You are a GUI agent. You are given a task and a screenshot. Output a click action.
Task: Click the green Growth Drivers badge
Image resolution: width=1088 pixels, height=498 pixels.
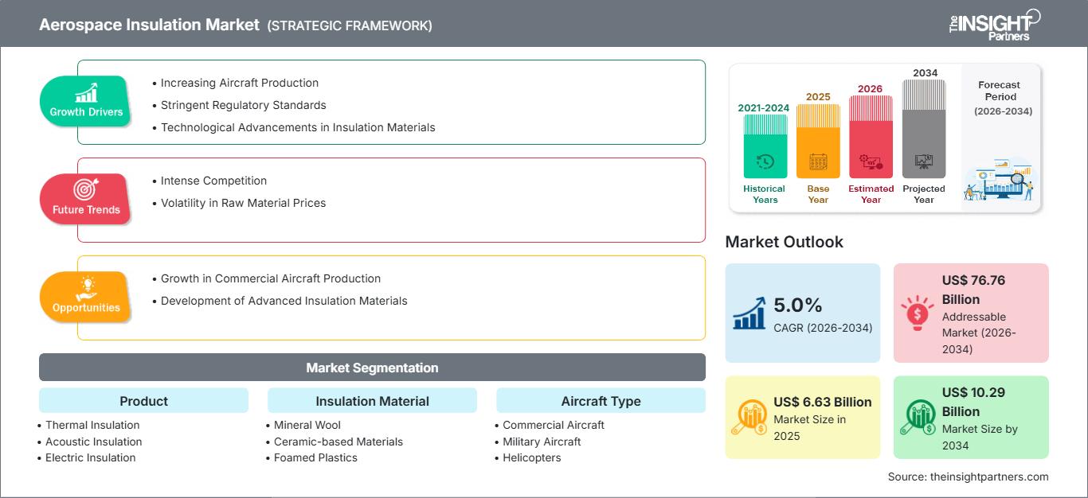coord(86,100)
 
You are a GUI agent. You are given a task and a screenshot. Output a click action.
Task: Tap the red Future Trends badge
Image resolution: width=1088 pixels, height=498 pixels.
coord(86,198)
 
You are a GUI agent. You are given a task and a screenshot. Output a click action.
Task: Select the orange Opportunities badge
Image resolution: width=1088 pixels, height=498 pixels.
coord(86,296)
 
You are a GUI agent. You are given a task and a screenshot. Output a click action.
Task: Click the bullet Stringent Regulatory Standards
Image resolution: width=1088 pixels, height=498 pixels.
coord(243,105)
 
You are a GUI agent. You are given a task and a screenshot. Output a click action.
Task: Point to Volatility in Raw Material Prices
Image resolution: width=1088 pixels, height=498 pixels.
coord(243,203)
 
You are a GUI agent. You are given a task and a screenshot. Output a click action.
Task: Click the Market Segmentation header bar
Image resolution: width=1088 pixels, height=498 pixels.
coord(372,368)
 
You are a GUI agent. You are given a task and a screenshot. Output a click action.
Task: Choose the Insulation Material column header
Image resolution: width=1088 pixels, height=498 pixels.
coord(372,401)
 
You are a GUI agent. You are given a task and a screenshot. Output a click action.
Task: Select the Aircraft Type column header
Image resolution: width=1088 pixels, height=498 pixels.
coord(601,401)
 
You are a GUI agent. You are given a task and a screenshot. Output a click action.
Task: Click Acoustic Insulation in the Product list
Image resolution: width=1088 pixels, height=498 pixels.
coord(94,442)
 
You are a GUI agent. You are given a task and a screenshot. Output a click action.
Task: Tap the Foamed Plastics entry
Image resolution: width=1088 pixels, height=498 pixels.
coord(315,457)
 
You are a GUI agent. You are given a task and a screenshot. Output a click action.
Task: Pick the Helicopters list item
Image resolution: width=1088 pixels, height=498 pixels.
coord(532,457)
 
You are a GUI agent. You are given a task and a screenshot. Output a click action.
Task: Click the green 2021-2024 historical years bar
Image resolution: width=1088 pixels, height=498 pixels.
coord(765,146)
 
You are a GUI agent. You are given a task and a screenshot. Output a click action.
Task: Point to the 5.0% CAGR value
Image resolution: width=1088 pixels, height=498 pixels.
coord(797,305)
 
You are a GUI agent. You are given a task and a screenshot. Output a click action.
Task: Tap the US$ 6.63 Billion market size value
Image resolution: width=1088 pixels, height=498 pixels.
coord(823,402)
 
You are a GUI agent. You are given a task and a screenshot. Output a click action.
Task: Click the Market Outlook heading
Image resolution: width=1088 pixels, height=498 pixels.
coord(784,242)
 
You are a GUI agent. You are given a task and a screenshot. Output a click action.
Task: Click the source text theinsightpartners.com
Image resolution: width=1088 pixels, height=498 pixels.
coord(968,477)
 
